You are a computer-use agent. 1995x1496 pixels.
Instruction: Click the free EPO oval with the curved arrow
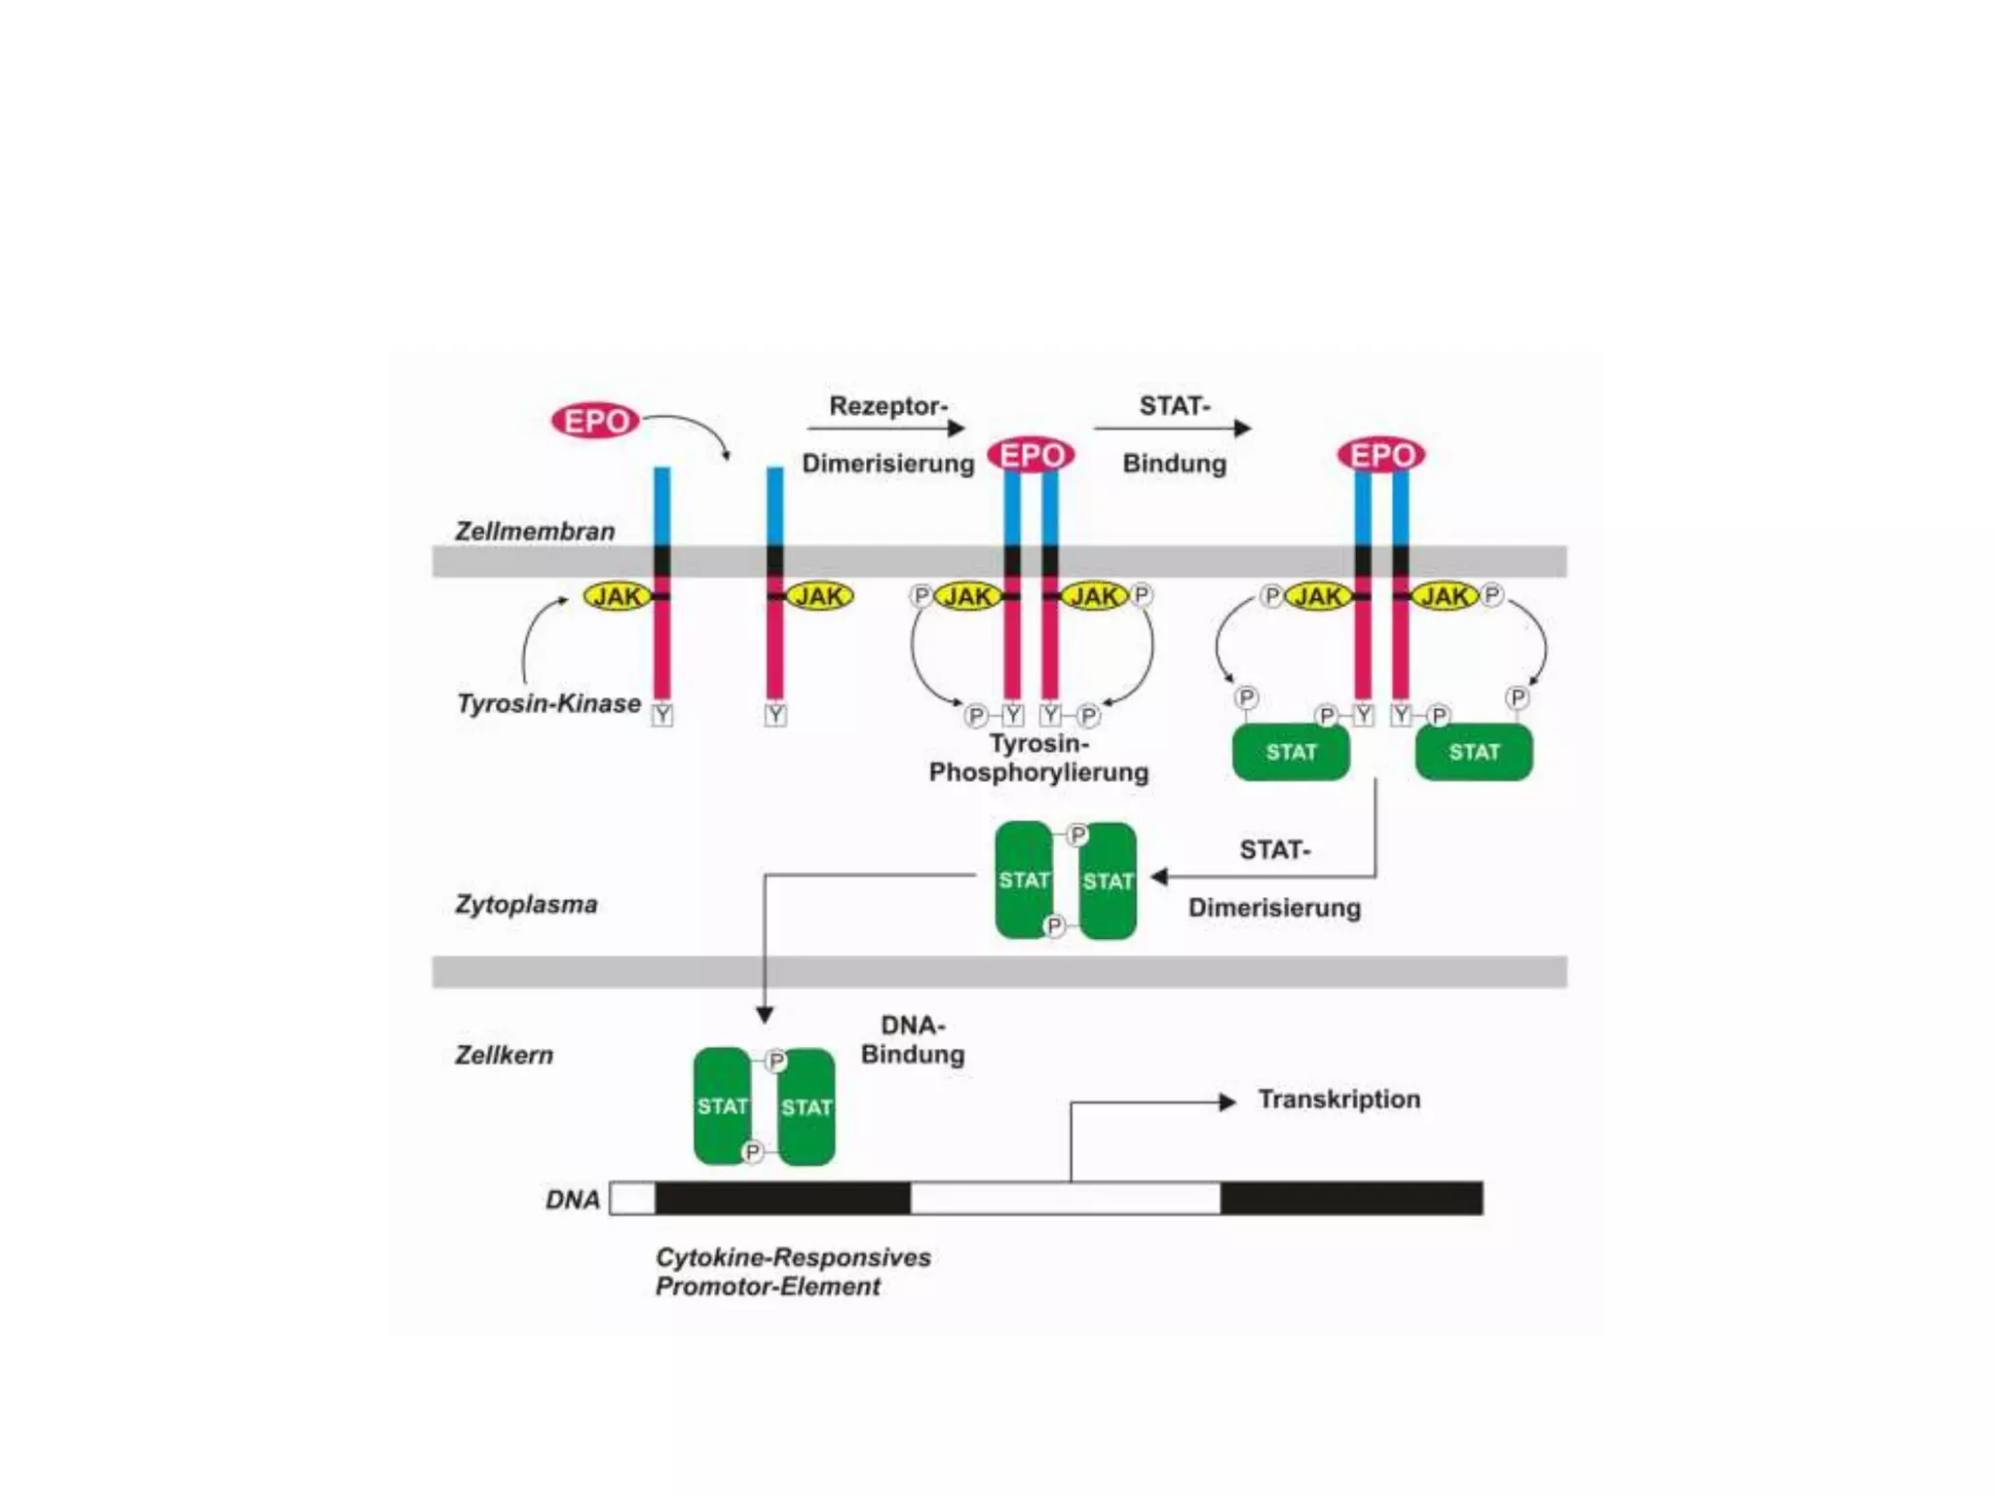tap(595, 421)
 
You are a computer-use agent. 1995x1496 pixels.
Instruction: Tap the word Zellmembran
tap(535, 531)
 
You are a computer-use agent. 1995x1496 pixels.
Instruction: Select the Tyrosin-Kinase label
tap(549, 703)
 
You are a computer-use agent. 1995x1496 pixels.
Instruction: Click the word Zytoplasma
tap(526, 904)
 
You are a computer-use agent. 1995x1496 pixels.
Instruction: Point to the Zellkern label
tap(504, 1055)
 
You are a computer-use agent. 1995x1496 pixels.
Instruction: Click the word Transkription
tap(1338, 1099)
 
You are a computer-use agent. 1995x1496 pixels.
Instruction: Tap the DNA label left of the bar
tap(573, 1199)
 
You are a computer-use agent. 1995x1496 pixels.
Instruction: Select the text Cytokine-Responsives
tap(793, 1257)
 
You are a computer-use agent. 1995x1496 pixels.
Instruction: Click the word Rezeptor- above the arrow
tap(888, 405)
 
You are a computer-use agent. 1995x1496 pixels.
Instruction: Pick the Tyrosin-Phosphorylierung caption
tap(1038, 758)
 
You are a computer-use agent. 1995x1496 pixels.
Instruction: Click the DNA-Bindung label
tap(913, 1039)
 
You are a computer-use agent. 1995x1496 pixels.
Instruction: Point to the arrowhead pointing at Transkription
tap(1228, 1102)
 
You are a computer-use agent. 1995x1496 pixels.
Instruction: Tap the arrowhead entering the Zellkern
tap(765, 1015)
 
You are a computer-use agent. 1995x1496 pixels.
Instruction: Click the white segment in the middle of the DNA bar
tap(1065, 1198)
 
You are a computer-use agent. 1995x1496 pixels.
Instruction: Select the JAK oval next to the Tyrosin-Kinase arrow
tap(618, 596)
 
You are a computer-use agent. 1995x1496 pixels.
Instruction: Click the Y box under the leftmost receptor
tap(662, 715)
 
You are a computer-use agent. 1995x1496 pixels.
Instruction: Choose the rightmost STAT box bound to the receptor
tap(1473, 752)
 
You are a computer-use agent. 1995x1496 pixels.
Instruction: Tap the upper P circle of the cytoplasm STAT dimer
tap(1077, 836)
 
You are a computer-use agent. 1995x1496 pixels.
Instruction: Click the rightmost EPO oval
tap(1381, 455)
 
